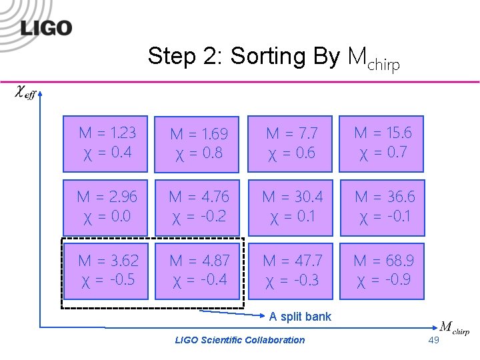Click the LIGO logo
pos(46,27)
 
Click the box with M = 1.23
pos(105,142)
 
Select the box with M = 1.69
pos(199,143)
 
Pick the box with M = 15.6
pos(383,142)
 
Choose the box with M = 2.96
pos(105,206)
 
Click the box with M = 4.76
pos(199,206)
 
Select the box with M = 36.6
pos(383,206)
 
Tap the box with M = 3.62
pos(105,269)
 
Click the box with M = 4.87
pos(199,269)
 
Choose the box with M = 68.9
pos(383,269)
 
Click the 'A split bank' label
pos(300,316)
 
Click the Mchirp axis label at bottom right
pos(455,328)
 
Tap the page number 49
pos(434,341)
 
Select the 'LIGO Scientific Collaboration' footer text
pos(239,340)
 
